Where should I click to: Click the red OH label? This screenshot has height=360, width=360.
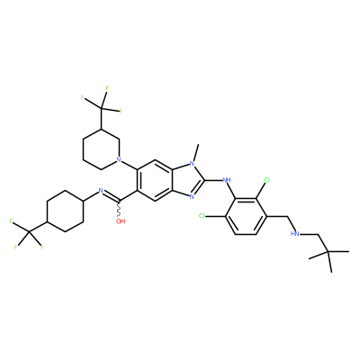(121, 221)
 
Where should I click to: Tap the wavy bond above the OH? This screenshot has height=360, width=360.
(120, 209)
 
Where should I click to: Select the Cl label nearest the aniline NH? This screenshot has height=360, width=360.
(266, 180)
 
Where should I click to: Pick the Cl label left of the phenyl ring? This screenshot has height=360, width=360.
(202, 216)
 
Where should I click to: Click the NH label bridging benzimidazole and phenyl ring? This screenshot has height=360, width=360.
(227, 180)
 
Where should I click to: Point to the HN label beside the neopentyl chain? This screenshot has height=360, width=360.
(295, 234)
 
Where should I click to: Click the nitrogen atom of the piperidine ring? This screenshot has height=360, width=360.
(119, 159)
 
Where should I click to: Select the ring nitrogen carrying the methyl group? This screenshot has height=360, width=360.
(193, 164)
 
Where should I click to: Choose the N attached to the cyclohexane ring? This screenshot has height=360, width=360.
(101, 191)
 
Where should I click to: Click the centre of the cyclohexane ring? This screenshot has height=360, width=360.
(65, 211)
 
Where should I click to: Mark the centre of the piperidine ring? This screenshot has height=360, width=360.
(101, 149)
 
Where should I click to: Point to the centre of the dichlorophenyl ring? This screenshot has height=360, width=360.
(246, 216)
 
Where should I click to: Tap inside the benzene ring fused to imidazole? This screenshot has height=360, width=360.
(156, 180)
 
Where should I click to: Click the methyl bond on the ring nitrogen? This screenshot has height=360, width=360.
(195, 152)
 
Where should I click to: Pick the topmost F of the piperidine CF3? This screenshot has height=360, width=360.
(107, 88)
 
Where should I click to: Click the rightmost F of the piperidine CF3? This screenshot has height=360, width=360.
(121, 112)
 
